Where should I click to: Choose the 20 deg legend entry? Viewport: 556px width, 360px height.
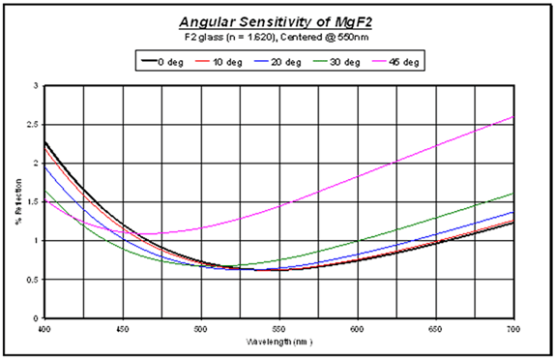[x=276, y=61]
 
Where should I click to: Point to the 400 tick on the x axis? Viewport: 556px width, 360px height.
[x=44, y=328]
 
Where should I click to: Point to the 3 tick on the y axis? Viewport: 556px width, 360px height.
[x=36, y=86]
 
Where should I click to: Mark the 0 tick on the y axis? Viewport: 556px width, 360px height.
[x=36, y=318]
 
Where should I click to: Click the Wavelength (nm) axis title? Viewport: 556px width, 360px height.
[x=278, y=342]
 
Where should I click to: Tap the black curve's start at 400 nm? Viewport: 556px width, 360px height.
[x=44, y=142]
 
